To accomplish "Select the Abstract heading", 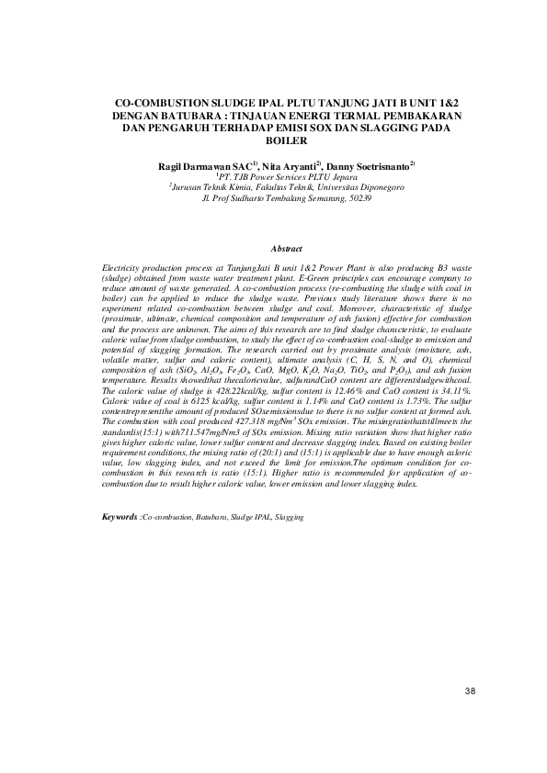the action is coord(287,249).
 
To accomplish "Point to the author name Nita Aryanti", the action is coord(289,164).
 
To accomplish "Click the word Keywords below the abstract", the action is coord(120,517).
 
